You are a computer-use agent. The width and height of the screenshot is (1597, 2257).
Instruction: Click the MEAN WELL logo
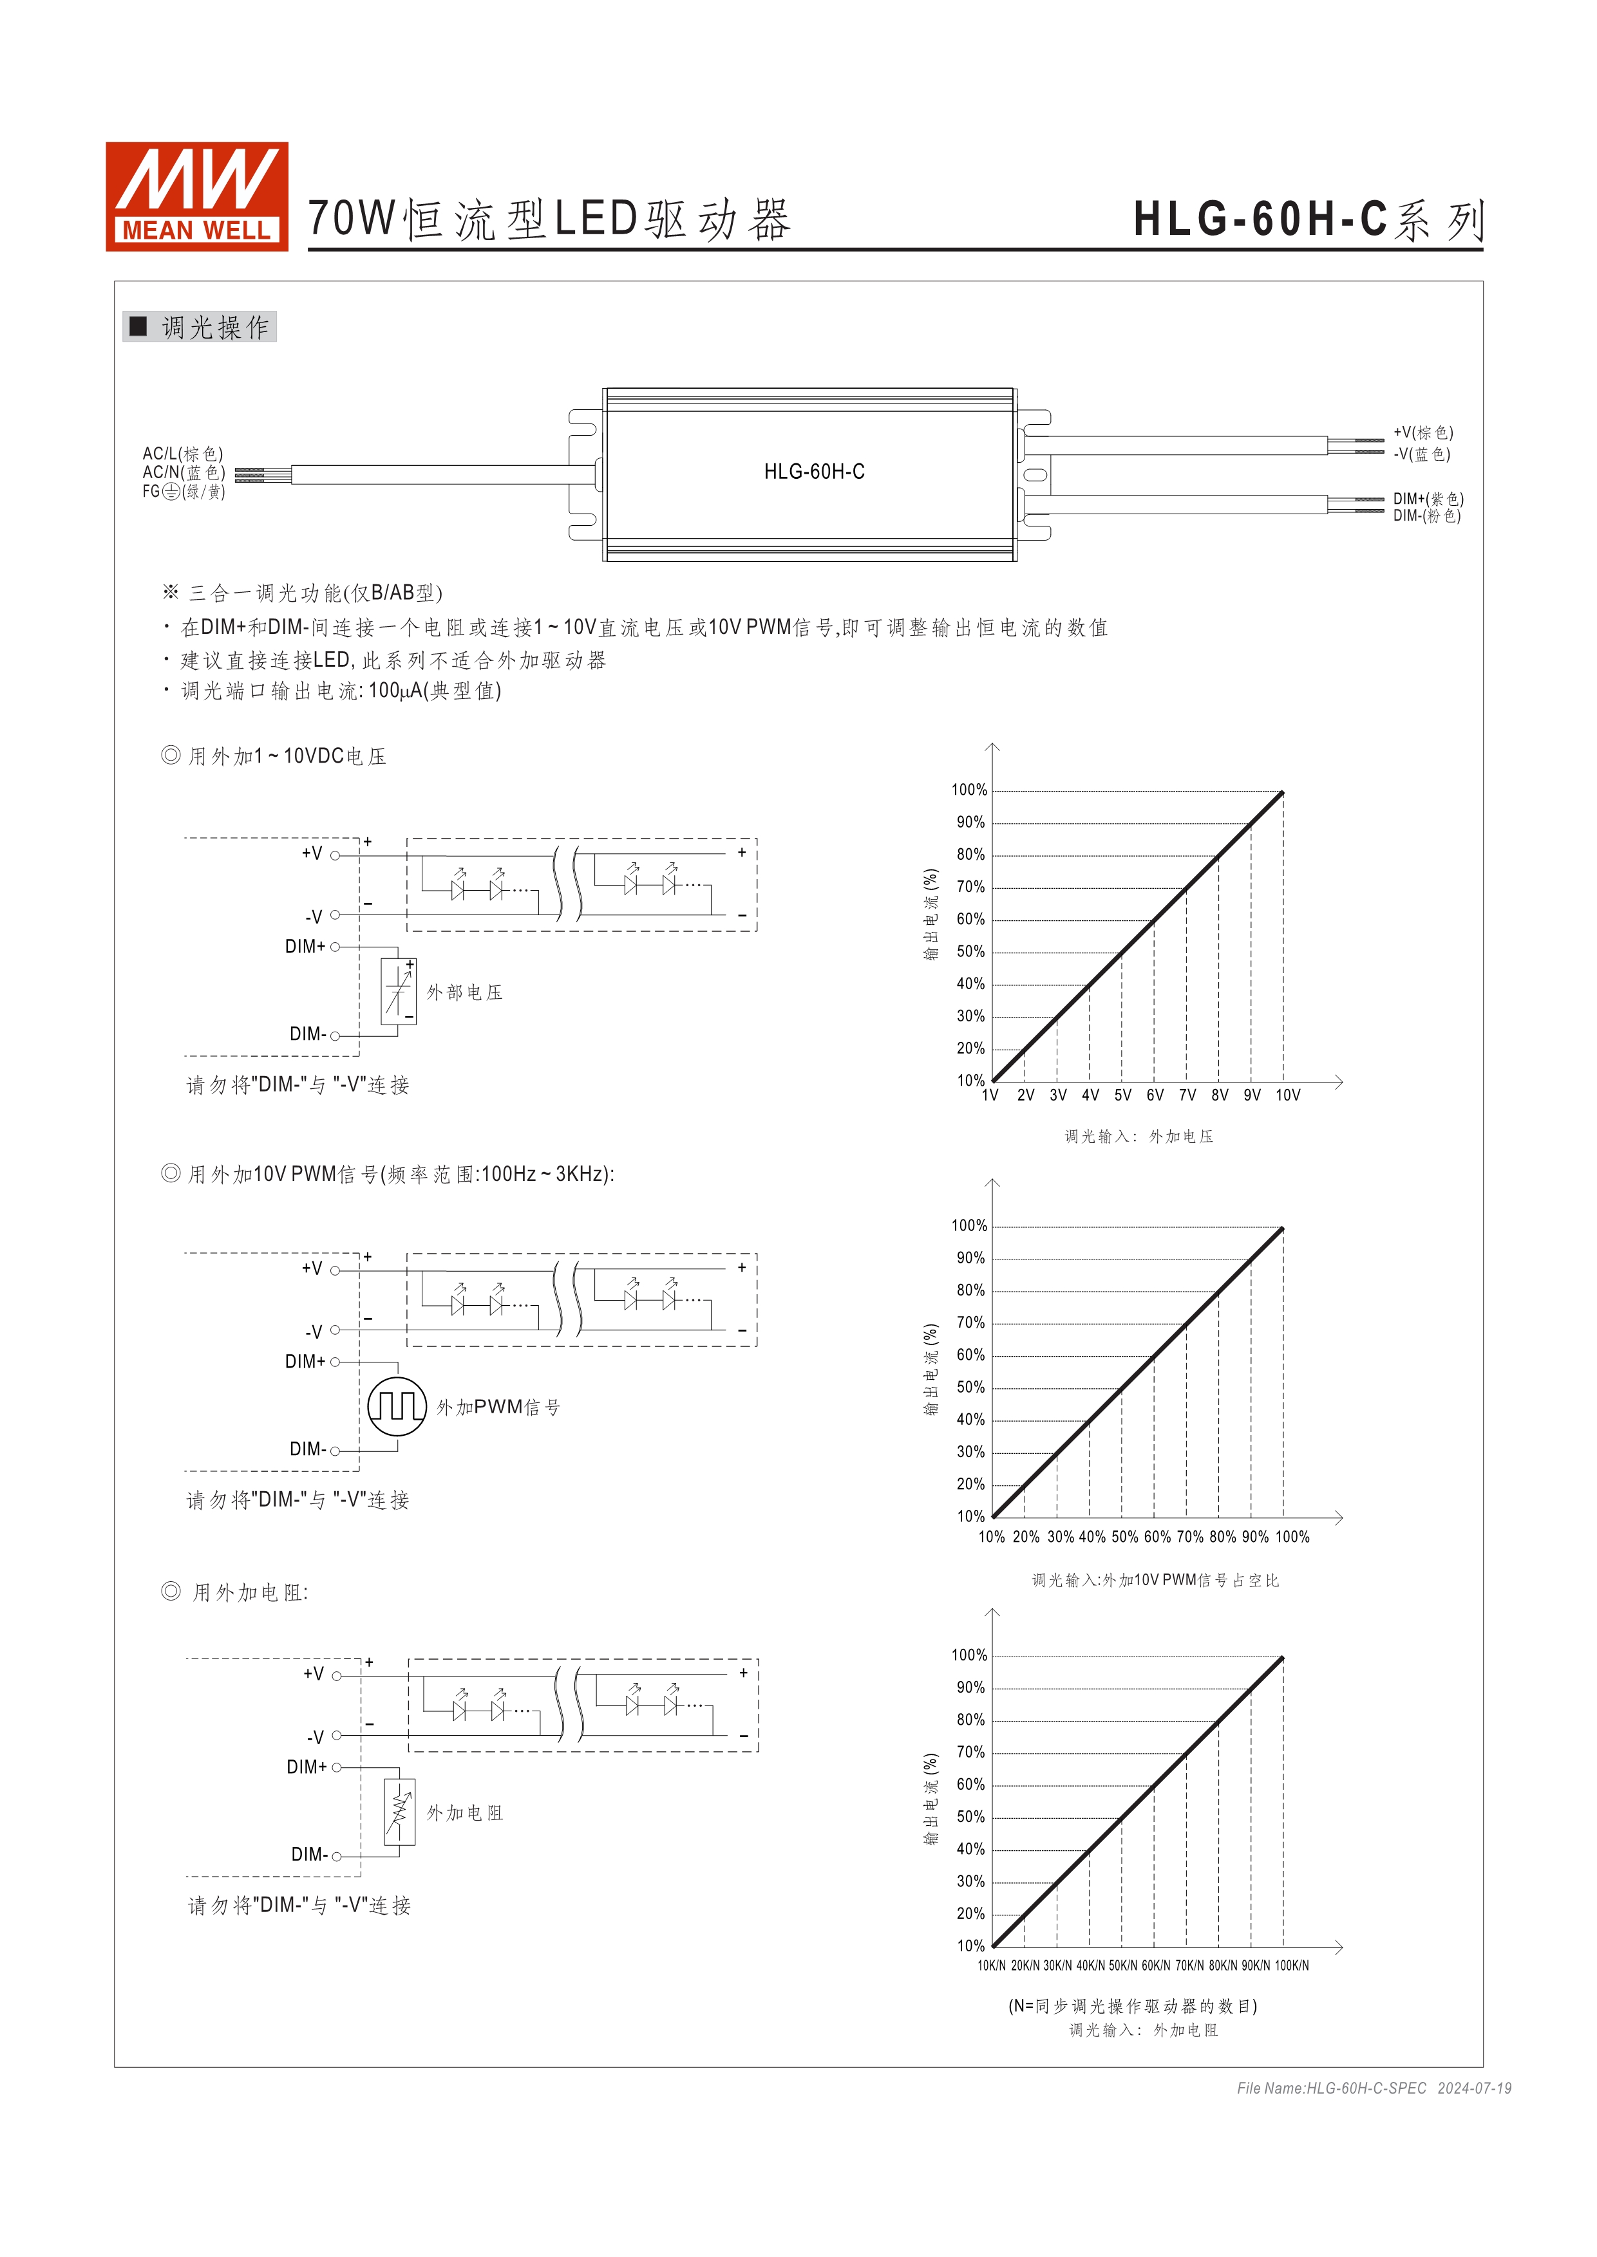(196, 196)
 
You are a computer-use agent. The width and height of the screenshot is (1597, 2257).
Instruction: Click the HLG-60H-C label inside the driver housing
(814, 472)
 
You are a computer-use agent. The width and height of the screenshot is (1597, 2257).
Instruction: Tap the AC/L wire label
(183, 453)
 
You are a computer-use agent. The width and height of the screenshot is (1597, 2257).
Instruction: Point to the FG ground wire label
(184, 492)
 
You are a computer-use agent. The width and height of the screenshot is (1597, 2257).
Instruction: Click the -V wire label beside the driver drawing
(1421, 454)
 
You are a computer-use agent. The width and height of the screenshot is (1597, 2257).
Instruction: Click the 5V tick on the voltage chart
(1122, 1095)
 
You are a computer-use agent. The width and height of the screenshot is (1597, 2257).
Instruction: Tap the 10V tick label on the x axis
(1287, 1095)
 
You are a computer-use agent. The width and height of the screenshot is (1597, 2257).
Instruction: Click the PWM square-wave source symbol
(397, 1407)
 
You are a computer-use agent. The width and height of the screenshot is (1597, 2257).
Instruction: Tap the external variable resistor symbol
(399, 1812)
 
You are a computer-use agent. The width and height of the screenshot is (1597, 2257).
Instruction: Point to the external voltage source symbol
(398, 991)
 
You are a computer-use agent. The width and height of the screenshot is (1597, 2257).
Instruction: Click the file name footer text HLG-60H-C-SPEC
(1332, 2088)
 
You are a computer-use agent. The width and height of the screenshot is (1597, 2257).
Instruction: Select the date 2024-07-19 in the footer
(1474, 2088)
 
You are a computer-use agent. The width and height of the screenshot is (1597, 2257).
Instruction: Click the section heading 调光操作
(214, 328)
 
